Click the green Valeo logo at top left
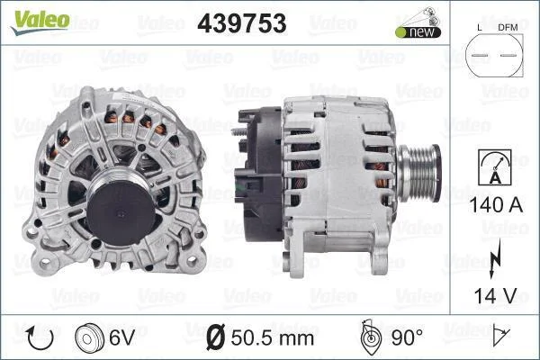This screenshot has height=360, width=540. click(40, 22)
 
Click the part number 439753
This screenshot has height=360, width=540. click(242, 23)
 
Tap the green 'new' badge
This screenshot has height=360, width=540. click(418, 32)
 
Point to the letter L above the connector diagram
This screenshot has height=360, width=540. click(480, 28)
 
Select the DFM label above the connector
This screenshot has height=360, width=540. click(508, 28)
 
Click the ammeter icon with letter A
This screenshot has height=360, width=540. click(495, 167)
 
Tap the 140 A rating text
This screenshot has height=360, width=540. click(496, 205)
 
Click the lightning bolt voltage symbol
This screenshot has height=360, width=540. click(495, 259)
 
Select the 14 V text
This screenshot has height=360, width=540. click(495, 296)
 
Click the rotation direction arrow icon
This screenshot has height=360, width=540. click(40, 338)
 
